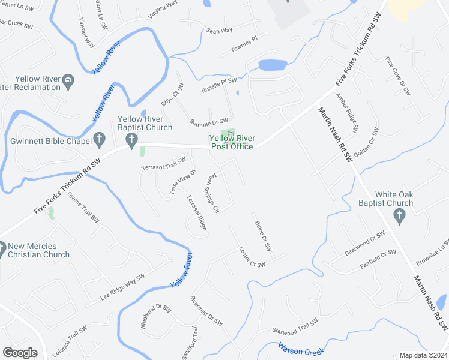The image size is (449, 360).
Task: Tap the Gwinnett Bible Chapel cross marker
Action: (100, 140)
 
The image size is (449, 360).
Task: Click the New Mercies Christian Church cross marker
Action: (2, 247)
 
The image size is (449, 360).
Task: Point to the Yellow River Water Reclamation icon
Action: (67, 80)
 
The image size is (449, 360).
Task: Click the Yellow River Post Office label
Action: (231, 142)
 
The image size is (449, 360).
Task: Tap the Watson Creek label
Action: (301, 348)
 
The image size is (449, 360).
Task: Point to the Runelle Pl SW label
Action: (218, 85)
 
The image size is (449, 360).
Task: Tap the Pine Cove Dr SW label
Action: (397, 76)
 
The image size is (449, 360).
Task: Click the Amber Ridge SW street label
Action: (347, 112)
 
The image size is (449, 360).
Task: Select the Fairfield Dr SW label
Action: (378, 258)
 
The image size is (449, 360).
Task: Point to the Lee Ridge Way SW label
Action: (122, 288)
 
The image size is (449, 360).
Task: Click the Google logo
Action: (20, 353)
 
